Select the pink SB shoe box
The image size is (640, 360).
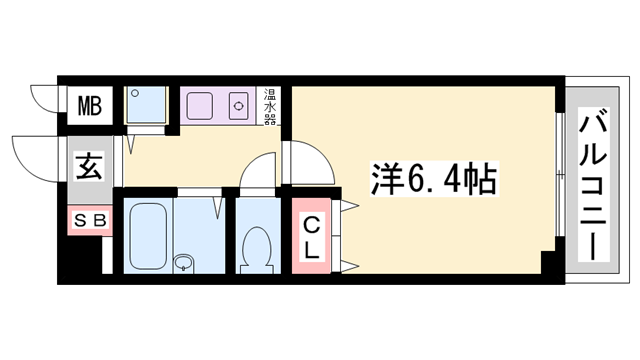tap(87, 219)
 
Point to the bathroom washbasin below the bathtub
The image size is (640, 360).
tap(183, 263)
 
